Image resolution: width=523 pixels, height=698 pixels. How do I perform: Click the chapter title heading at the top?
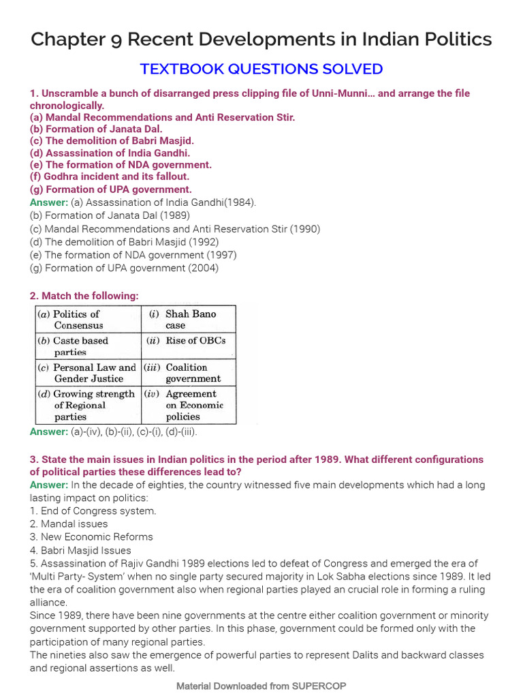261,40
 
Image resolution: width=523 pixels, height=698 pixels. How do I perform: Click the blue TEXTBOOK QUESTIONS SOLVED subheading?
261,69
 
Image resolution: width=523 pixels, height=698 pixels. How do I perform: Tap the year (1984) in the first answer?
242,202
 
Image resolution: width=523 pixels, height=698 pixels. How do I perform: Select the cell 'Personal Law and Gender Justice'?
89,373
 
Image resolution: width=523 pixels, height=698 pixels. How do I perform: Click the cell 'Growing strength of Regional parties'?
89,405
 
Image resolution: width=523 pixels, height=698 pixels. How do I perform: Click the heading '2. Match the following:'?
84,296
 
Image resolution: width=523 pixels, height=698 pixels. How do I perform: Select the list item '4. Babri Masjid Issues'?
80,550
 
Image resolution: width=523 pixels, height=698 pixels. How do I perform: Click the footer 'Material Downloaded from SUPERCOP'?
261,686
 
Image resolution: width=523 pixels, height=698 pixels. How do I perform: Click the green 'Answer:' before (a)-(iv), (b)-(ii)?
49,432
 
